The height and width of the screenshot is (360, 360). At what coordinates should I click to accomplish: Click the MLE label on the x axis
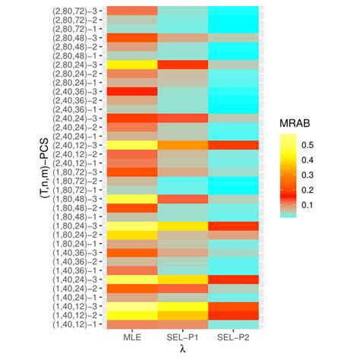coord(131,336)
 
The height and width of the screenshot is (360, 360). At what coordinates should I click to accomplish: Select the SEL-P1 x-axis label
coord(183,336)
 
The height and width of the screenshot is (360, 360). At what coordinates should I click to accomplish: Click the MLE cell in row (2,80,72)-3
coord(131,11)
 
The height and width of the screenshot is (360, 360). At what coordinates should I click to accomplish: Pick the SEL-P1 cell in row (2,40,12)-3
coord(183,144)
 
